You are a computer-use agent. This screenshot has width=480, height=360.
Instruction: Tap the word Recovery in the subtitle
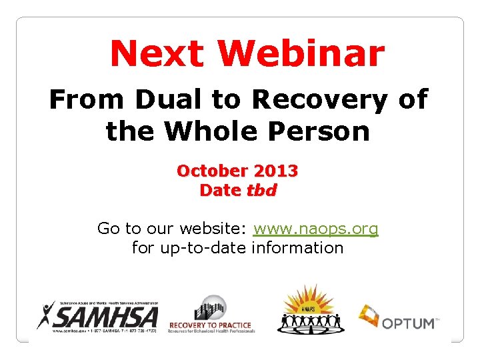pos(319,100)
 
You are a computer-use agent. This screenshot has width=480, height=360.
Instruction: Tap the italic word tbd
pos(261,190)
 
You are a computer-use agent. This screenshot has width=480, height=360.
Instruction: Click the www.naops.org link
pos(316,229)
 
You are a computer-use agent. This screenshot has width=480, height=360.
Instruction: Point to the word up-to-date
pos(202,248)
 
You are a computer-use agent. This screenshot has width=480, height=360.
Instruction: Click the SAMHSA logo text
pos(107,315)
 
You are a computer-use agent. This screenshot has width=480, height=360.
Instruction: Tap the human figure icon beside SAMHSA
pos(46,315)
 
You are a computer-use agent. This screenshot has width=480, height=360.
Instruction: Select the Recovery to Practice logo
pos(211,315)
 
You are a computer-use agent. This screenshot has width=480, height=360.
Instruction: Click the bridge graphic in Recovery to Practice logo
pos(211,307)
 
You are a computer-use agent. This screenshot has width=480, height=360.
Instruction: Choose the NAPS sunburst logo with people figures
pos(308,310)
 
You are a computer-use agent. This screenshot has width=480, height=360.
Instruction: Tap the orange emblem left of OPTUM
pos(369,315)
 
